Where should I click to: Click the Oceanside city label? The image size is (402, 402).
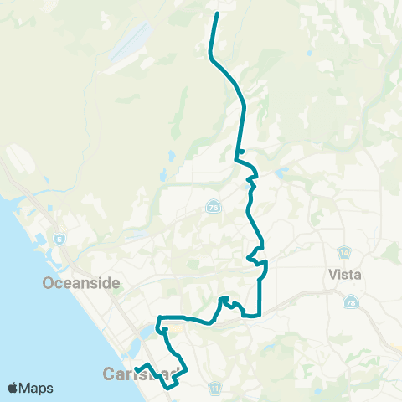[x=82, y=283]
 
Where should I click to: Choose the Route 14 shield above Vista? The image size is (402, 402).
[x=345, y=252]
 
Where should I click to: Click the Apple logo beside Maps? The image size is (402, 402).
[x=13, y=388]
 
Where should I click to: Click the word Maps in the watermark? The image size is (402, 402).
[x=37, y=388]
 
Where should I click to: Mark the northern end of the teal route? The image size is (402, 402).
[x=217, y=13]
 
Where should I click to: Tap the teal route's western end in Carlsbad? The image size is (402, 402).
[x=136, y=368]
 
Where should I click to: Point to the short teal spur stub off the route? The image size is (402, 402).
[x=241, y=151]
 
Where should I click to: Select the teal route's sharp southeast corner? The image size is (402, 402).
[x=260, y=316]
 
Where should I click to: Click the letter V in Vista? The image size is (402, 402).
[x=329, y=273]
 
